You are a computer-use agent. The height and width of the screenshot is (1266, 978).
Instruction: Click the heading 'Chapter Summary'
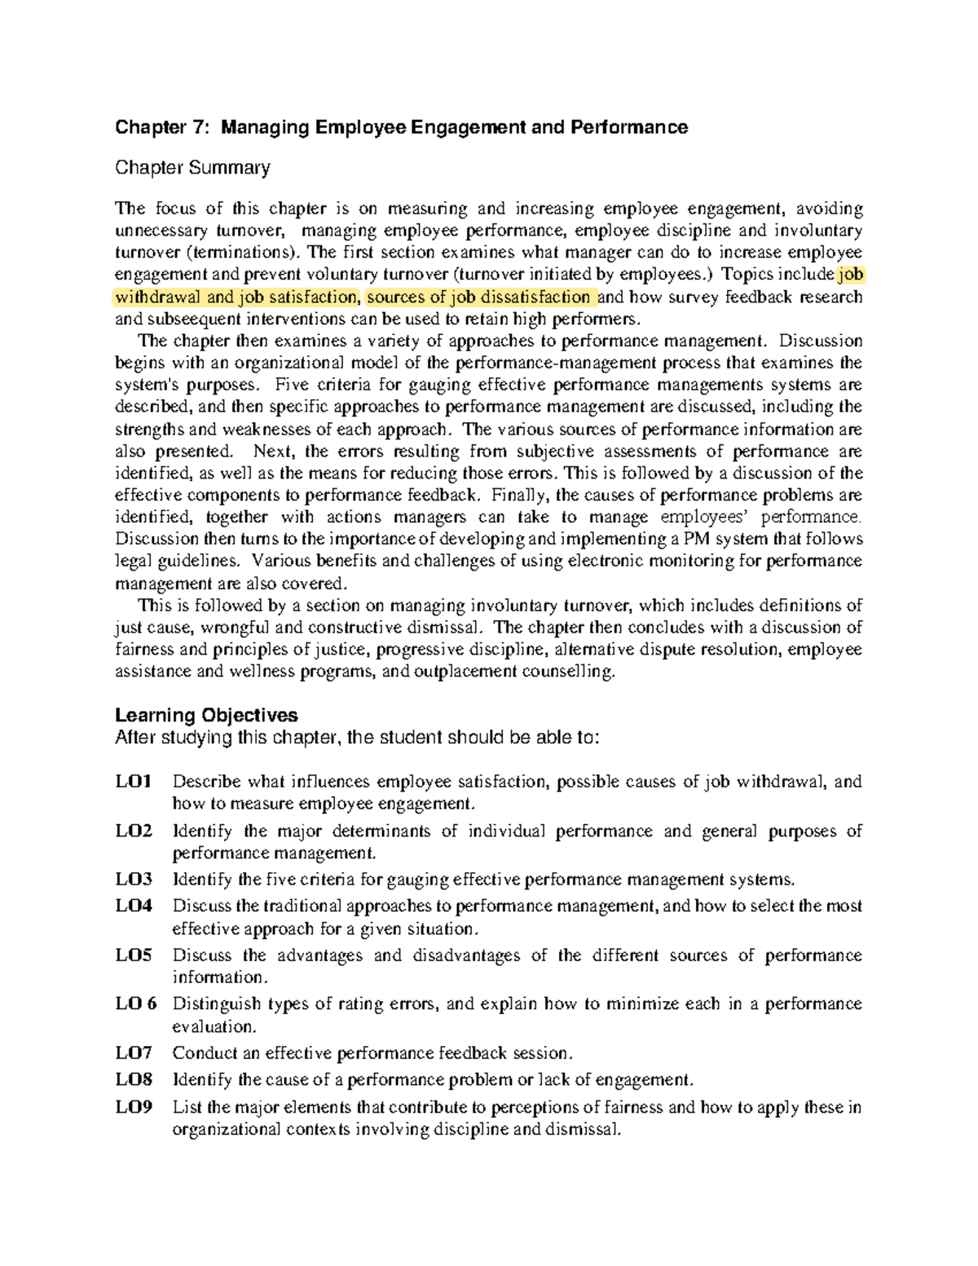192,169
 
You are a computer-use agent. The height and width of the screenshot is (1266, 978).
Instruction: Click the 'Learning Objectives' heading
206,716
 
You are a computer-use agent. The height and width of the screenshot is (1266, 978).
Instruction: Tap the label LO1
134,782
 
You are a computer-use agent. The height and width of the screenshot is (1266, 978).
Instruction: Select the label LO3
134,880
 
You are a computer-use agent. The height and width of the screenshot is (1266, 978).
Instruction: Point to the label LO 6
136,1004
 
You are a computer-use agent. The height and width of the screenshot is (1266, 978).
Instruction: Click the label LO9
134,1108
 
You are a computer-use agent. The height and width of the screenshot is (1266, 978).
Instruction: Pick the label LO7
134,1053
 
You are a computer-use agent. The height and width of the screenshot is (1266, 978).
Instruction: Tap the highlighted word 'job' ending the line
851,275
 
